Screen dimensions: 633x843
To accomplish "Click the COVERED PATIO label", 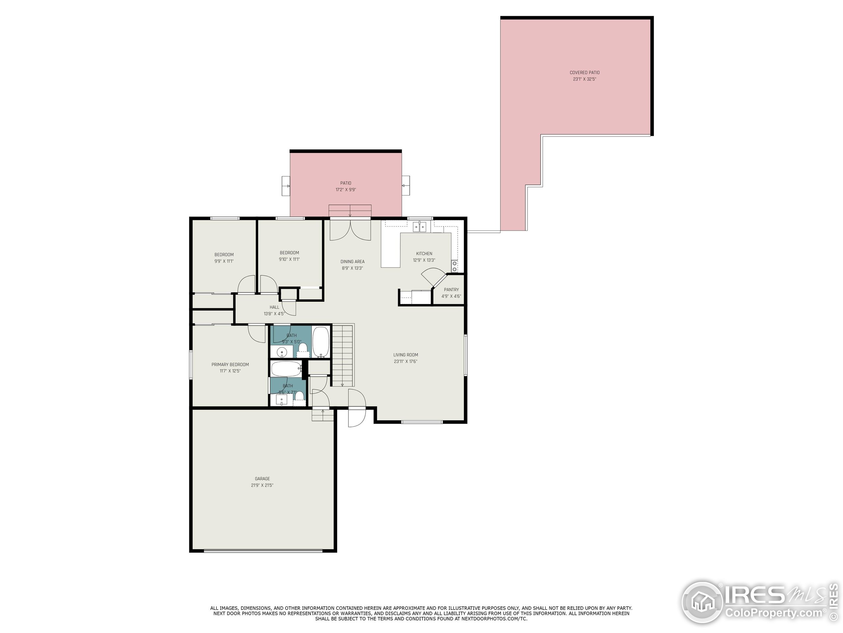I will coord(584,73).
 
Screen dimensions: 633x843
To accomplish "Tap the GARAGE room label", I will coord(262,478).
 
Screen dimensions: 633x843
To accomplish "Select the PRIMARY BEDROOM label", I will coord(230,364).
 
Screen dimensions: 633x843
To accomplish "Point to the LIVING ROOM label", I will coord(405,354).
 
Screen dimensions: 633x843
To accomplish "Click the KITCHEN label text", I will coord(424,253).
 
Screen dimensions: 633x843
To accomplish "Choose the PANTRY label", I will coord(451,289).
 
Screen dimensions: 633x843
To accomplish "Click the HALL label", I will coord(274,307).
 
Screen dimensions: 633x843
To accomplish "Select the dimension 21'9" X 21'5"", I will coord(262,485).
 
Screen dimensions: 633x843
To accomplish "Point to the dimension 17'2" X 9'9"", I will coord(346,190).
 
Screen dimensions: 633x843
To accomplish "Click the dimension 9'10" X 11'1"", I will coord(289,259).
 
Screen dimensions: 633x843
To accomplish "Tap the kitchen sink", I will coord(420,226).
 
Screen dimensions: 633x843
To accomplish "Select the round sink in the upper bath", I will coord(282,351).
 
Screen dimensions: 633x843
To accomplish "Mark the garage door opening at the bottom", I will coord(263,551).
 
